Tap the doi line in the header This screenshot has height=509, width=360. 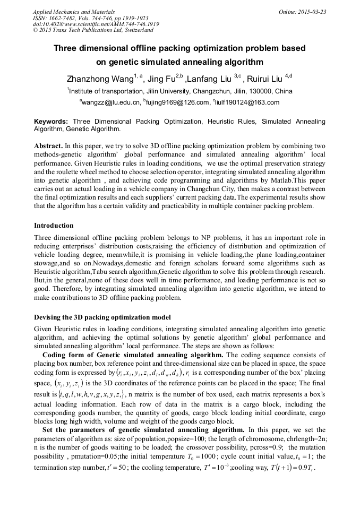[96, 24]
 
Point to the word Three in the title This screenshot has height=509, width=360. [67, 48]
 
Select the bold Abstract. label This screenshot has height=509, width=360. [48, 145]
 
